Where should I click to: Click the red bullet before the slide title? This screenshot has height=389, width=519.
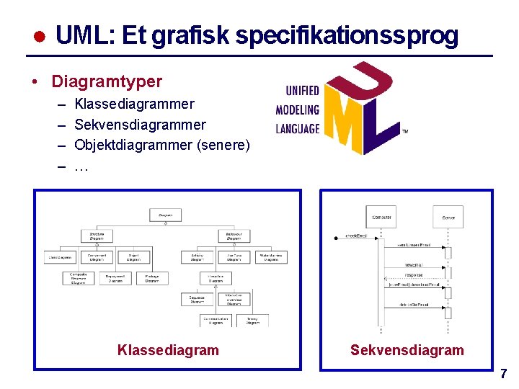click(x=41, y=37)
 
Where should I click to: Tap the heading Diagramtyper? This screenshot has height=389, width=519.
click(x=107, y=81)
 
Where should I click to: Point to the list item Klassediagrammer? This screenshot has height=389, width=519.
click(x=135, y=104)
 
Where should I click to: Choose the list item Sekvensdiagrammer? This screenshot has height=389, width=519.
click(x=141, y=125)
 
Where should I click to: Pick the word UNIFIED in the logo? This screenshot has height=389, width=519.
click(x=303, y=91)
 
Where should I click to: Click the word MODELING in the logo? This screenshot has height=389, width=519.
click(x=297, y=110)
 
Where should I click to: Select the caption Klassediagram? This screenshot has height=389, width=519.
click(x=168, y=350)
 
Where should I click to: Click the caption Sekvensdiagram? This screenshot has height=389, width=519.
click(x=407, y=350)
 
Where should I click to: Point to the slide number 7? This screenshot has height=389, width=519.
click(x=503, y=374)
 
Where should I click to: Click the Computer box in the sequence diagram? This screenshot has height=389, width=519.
click(x=381, y=216)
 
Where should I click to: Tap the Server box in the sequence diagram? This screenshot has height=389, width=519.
click(x=448, y=216)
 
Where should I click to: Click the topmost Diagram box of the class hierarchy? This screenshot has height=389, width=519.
click(x=165, y=214)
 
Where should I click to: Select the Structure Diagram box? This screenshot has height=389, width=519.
click(x=97, y=236)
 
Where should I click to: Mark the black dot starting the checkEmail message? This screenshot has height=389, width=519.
click(x=335, y=237)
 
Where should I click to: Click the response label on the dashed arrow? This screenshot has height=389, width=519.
click(x=413, y=275)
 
